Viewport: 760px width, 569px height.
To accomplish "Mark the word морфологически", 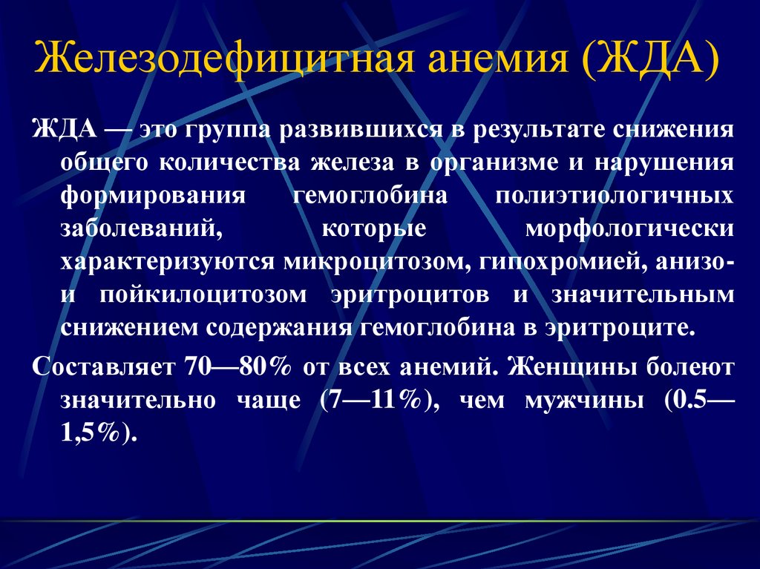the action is click(629, 229).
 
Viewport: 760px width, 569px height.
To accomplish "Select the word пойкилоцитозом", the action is click(203, 295).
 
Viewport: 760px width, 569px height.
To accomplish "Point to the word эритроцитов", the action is click(410, 295).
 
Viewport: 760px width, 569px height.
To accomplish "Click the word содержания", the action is click(279, 329).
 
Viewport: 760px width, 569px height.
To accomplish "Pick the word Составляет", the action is click(102, 367).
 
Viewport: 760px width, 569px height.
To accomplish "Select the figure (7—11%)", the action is click(375, 401).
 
